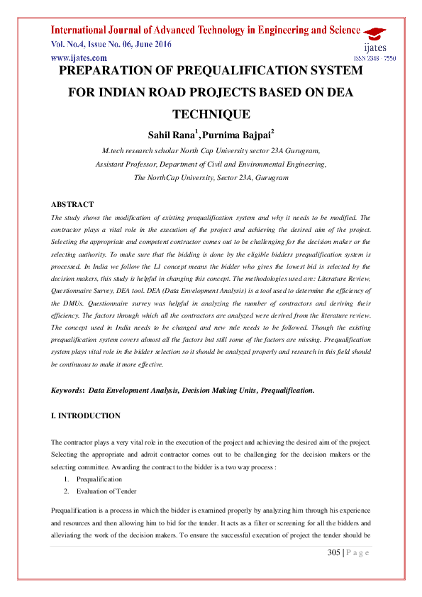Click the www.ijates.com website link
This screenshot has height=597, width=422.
79,57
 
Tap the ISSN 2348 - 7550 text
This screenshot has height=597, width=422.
374,57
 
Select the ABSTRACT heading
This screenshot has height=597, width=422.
72,204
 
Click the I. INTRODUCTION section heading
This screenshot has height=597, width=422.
86,415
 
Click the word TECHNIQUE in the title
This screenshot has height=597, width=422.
211,113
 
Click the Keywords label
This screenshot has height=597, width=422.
67,391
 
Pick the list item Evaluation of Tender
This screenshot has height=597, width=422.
106,491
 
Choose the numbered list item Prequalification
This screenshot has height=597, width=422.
99,479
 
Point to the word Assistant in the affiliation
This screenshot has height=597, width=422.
111,164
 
